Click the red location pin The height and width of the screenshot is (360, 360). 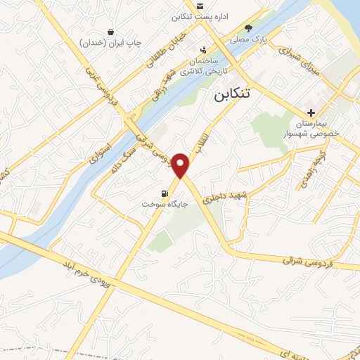182,165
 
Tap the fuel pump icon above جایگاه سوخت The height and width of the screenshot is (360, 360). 165,193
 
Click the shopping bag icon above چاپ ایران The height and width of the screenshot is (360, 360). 111,32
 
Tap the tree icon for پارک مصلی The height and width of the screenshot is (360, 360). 247,29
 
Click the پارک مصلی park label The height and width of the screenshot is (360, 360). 251,39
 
